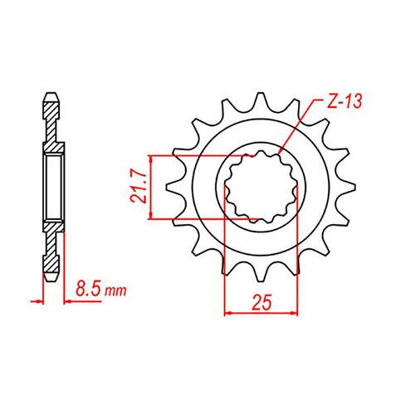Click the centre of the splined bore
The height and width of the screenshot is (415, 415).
pyautogui.click(x=260, y=187)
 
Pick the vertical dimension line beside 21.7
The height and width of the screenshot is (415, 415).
pyautogui.click(x=150, y=187)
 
